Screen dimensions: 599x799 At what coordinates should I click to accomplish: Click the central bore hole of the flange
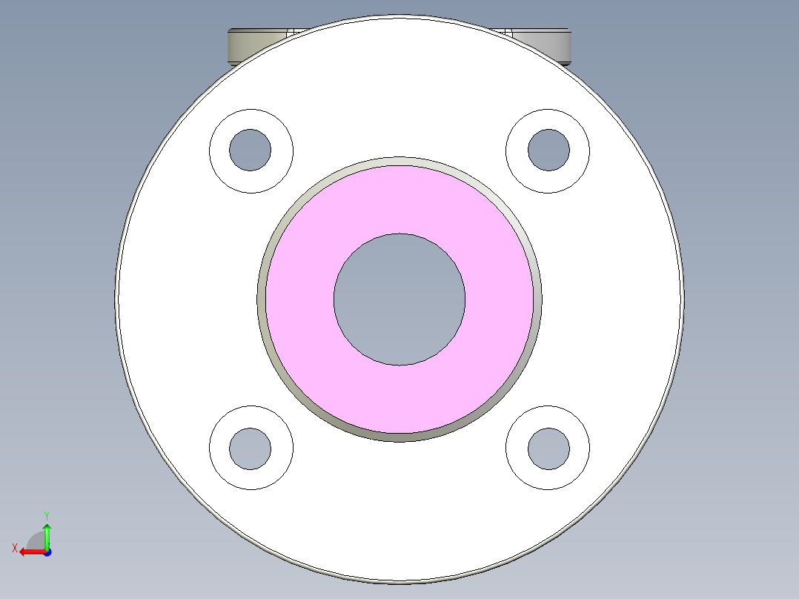pyautogui.click(x=399, y=299)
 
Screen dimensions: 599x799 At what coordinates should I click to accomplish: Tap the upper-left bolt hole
pyautogui.click(x=251, y=150)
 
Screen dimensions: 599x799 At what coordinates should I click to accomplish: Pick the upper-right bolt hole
pyautogui.click(x=548, y=150)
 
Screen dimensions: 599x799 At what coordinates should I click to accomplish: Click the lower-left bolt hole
pyautogui.click(x=251, y=448)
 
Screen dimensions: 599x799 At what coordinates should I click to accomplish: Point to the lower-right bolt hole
pyautogui.click(x=548, y=448)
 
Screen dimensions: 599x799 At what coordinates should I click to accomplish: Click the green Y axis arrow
pyautogui.click(x=47, y=535)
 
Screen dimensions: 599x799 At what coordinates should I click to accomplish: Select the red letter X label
pyautogui.click(x=14, y=548)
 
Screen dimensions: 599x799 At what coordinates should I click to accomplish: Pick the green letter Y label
pyautogui.click(x=46, y=514)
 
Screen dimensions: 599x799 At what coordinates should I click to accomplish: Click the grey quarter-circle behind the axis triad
pyautogui.click(x=37, y=540)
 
